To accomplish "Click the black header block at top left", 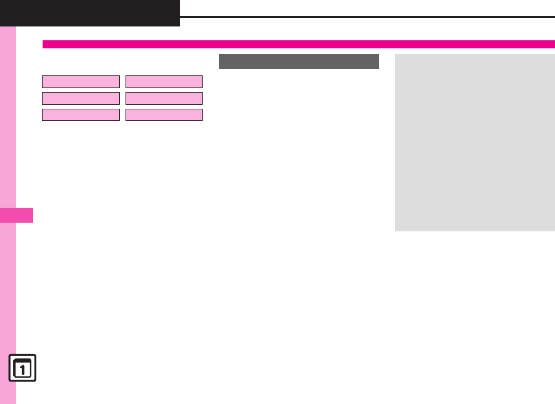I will tap(90, 13).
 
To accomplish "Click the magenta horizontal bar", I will tap(298, 44).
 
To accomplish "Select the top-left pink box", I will tap(81, 81).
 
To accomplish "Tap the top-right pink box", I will tap(164, 81).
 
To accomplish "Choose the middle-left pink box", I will tap(81, 98).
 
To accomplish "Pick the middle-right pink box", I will tap(164, 98).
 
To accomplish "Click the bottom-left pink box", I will tap(81, 115).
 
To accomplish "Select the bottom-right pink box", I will tap(164, 115).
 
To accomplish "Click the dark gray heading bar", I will tap(298, 61).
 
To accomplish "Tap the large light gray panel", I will tap(474, 143).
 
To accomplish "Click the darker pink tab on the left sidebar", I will tap(16, 215).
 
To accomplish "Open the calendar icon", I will tap(22, 368).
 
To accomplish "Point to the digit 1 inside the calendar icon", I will tap(22, 370).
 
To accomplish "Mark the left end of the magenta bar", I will tap(44, 44).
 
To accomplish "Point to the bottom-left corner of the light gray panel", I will tap(396, 230).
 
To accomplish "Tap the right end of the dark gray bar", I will tap(377, 61).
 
